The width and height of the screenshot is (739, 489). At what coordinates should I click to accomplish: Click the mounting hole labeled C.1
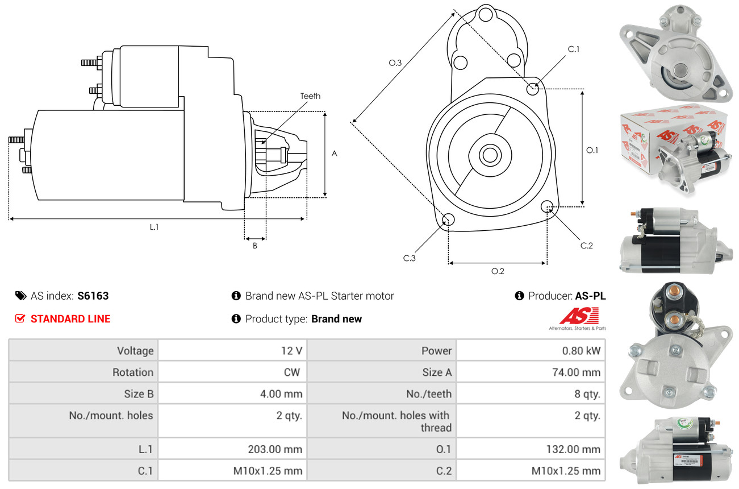click(532, 89)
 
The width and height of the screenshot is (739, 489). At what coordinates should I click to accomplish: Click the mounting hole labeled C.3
click(448, 219)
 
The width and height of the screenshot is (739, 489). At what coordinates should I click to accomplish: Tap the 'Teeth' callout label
click(310, 96)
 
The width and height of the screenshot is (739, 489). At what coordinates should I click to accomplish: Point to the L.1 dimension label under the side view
click(154, 227)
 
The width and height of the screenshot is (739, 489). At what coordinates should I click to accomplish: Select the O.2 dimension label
click(498, 271)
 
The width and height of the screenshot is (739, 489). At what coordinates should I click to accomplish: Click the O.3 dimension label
click(395, 63)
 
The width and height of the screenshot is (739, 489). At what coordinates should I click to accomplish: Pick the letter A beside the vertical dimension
click(334, 154)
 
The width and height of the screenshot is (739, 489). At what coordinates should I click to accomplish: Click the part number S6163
click(93, 296)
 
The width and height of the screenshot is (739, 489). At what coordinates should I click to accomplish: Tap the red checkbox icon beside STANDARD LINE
click(20, 318)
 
